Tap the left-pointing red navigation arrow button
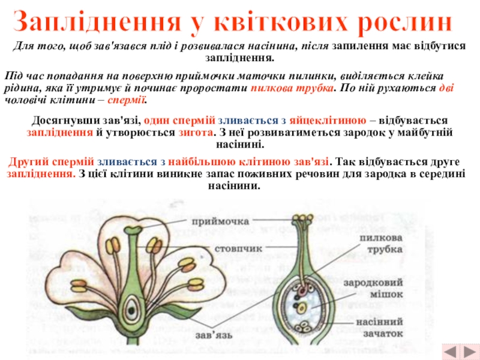(449, 350)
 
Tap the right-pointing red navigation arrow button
(467, 350)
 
